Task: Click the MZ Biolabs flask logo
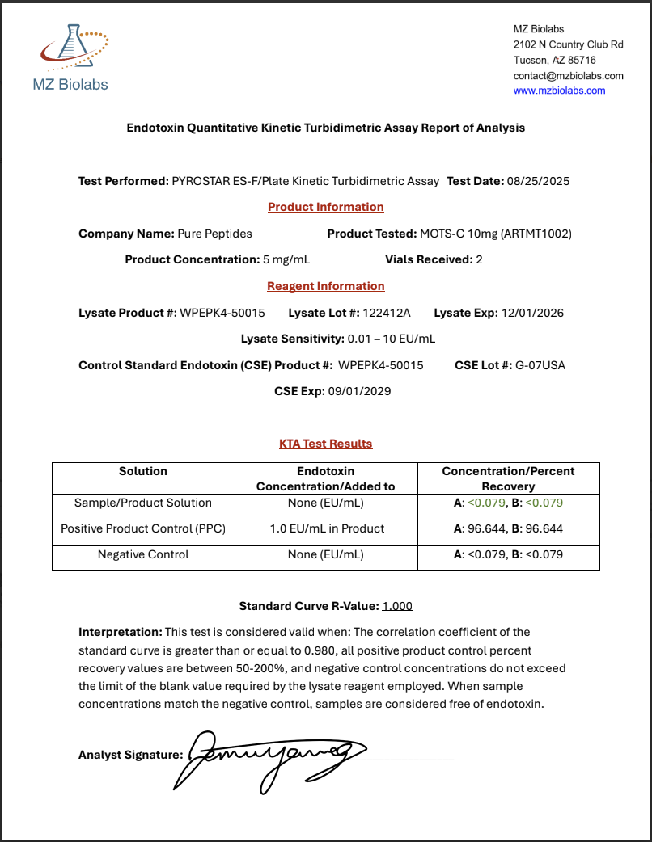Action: pos(74,51)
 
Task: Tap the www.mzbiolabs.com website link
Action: pos(559,91)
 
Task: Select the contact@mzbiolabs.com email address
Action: pos(568,76)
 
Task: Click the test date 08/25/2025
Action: pos(539,181)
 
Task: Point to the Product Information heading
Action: pos(325,207)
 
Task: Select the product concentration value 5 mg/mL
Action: pos(286,259)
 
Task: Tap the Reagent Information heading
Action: pos(325,286)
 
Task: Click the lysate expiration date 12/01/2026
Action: pos(532,313)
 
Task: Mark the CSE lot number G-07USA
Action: pos(540,365)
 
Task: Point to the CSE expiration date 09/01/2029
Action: pos(359,391)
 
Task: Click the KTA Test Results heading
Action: pos(325,444)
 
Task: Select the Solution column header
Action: pos(143,471)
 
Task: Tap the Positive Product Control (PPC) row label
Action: pos(143,528)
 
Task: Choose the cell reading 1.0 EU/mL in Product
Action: pos(326,528)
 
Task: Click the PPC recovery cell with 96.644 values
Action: pos(508,528)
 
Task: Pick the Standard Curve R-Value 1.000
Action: pos(397,606)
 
